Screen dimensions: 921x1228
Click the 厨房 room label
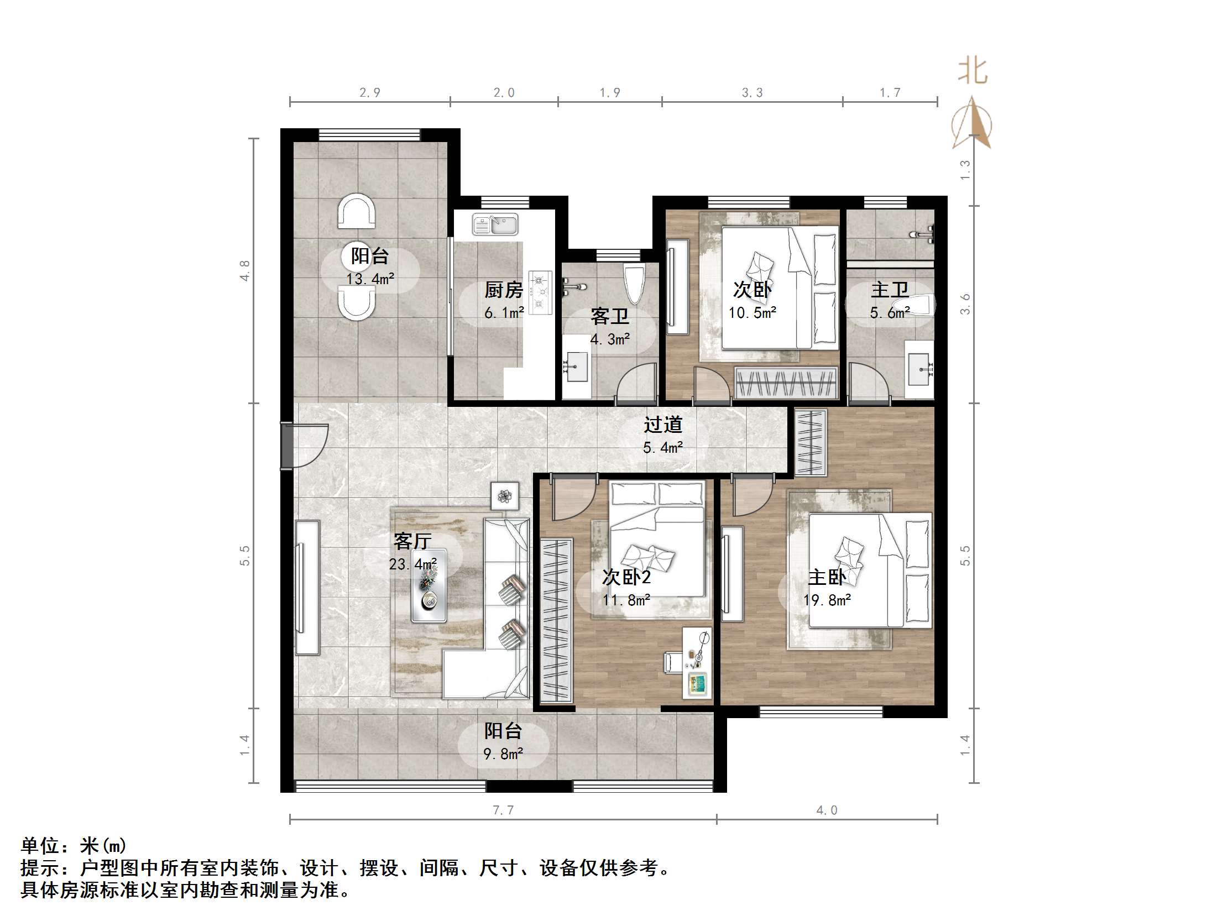[x=503, y=289]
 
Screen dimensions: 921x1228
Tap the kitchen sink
[x=495, y=225]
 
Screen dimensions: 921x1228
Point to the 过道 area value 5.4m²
[x=662, y=447]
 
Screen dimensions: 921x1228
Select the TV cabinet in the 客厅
[x=307, y=587]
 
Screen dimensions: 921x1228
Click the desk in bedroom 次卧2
[x=697, y=662]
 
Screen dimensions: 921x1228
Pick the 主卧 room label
[x=827, y=577]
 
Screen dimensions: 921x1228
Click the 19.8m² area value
[x=827, y=600]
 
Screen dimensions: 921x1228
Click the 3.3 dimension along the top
[x=753, y=93]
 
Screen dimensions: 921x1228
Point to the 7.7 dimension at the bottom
[x=503, y=810]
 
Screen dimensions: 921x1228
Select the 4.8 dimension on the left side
[x=245, y=270]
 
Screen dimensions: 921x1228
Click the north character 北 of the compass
[x=972, y=71]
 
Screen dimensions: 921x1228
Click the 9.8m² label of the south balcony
[x=503, y=754]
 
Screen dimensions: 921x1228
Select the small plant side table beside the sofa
[x=505, y=496]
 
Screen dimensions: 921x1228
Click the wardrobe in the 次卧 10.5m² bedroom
[x=786, y=383]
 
